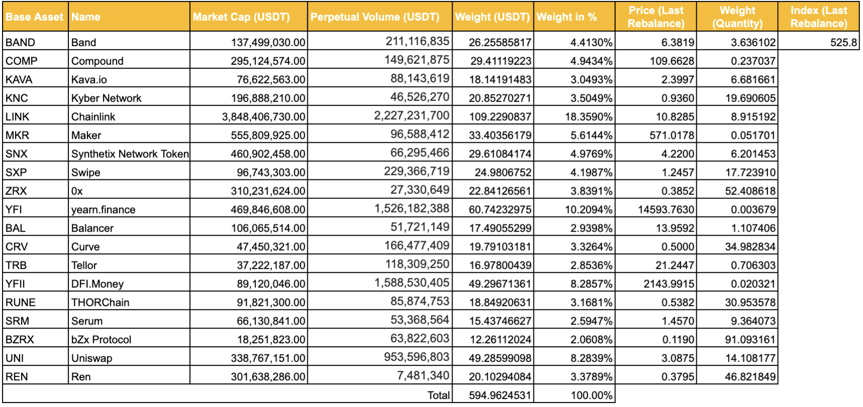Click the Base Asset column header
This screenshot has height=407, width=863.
pos(35,17)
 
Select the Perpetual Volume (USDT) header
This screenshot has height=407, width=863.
pos(375,17)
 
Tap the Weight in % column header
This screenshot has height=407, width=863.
pos(567,17)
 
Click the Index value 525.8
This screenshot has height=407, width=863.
pos(843,43)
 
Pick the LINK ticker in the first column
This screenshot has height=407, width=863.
pos(18,117)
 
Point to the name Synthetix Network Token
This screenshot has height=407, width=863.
pos(130,154)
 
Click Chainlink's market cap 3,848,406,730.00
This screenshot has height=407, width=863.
pos(264,117)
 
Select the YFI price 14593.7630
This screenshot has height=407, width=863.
pos(666,210)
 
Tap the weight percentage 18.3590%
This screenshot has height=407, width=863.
pos(589,117)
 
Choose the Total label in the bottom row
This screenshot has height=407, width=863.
pos(439,395)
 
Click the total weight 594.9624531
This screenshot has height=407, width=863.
pos(500,395)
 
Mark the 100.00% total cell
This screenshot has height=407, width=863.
pos(592,395)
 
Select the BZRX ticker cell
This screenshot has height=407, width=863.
pos(20,340)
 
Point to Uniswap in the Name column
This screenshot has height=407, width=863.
pos(92,358)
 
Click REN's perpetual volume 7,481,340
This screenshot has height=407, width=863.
pos(423,376)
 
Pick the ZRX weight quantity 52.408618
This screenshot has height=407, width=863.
pos(750,191)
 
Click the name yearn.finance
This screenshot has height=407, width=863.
pos(103,210)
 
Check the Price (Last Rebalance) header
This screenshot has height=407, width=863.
pos(656,17)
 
